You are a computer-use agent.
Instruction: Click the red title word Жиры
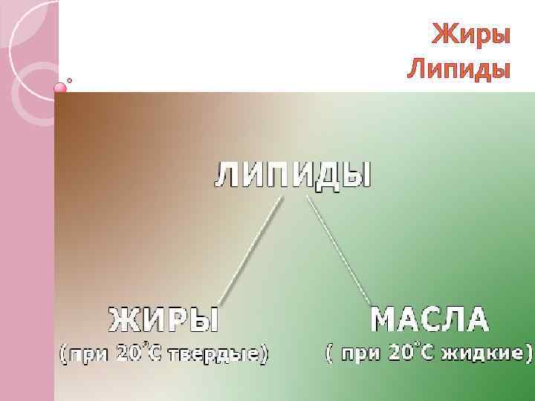[x=471, y=34]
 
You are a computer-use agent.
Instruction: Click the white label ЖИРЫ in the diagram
[x=164, y=321]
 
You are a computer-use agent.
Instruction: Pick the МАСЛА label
[x=429, y=320]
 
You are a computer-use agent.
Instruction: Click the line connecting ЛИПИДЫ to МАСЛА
[x=340, y=249]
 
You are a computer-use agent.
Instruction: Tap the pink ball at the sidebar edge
[x=61, y=88]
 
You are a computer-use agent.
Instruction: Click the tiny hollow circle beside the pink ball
[x=71, y=80]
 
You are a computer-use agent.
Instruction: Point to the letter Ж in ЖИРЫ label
[x=121, y=321]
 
